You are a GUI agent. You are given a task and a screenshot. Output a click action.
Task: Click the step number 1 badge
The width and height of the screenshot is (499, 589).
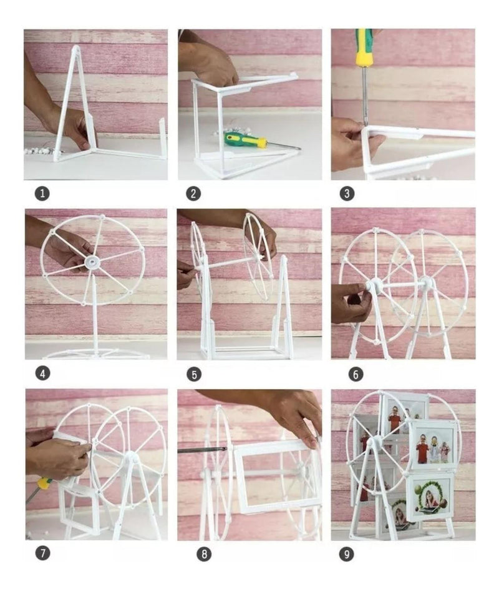[x=42, y=194]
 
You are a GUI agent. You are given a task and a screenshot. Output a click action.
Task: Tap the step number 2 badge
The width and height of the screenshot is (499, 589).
[x=193, y=194]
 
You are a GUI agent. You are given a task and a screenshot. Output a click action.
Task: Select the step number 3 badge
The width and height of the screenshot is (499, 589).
[x=347, y=194]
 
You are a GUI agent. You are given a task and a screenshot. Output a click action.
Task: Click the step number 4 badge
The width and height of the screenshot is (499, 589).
[x=42, y=374]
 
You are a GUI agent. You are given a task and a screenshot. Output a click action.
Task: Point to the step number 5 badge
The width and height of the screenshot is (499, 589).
[x=194, y=374]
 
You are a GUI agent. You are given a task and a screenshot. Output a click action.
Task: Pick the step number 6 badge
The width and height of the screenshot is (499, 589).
[x=356, y=374]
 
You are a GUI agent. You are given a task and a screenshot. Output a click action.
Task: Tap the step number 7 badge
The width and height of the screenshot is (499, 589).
[x=43, y=553]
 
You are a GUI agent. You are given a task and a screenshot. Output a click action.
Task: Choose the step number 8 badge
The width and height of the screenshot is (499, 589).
[x=204, y=553]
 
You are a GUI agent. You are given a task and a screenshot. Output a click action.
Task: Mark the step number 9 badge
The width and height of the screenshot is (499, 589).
[x=346, y=553]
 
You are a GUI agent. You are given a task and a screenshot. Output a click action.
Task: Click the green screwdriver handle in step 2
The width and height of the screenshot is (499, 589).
[x=245, y=140]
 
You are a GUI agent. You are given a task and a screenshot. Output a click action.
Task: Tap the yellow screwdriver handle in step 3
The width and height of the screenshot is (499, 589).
[x=364, y=47]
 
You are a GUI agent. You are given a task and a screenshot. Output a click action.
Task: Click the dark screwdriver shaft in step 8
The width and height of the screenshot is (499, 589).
[x=201, y=450]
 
